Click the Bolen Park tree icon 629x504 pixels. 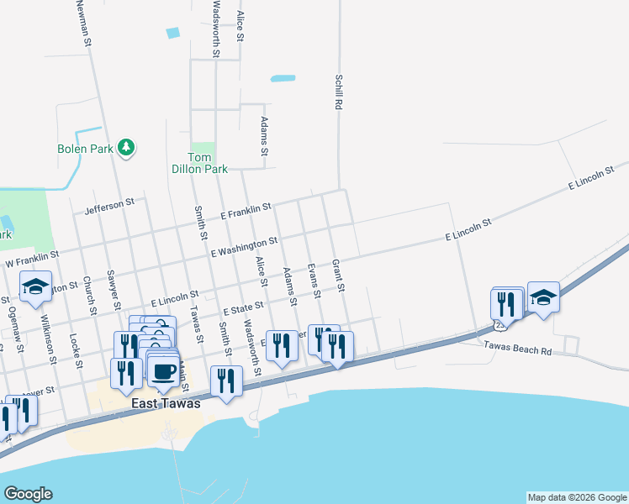[126, 148]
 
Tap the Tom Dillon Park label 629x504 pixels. [207, 163]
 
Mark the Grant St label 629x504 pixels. [339, 276]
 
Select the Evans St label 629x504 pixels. [314, 281]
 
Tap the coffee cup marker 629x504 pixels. [163, 370]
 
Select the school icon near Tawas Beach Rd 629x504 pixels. [544, 298]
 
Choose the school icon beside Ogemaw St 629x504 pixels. [35, 287]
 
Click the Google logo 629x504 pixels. [28, 494]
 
